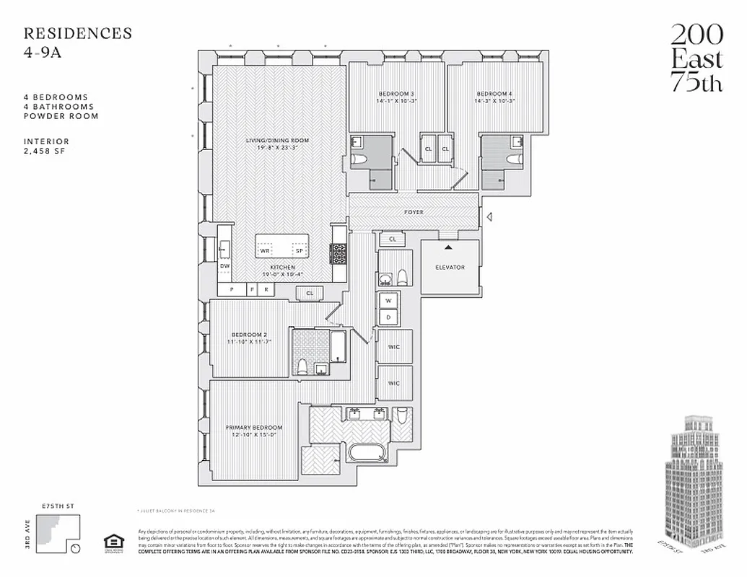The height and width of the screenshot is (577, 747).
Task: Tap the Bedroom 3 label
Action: [x=396, y=94]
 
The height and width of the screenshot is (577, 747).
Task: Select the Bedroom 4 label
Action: [x=494, y=94]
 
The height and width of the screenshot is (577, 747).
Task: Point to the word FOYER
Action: [x=414, y=212]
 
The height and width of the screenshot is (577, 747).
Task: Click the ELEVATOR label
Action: [x=450, y=268]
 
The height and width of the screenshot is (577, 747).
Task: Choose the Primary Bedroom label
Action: [x=253, y=427]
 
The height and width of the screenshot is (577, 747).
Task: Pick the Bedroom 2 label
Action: [x=250, y=335]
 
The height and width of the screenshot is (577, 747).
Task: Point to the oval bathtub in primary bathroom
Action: [x=369, y=454]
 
